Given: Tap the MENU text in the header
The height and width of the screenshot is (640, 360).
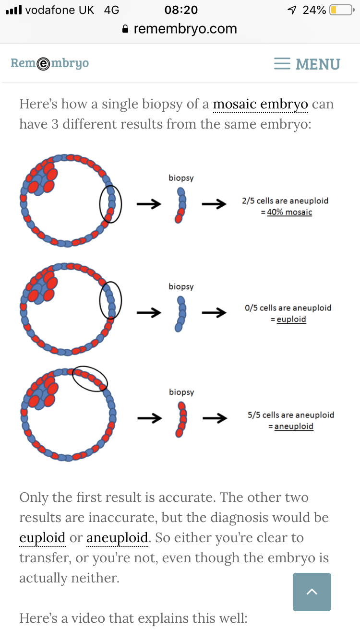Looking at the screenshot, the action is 318,64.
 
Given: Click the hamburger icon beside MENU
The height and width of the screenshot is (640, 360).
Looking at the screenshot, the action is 282,63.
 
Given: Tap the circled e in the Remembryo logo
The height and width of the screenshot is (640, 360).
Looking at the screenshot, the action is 43,63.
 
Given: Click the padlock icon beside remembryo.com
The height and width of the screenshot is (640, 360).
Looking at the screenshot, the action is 125,29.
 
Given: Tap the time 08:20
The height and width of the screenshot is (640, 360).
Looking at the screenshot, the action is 181,10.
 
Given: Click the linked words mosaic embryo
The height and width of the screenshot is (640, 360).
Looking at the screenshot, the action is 261,104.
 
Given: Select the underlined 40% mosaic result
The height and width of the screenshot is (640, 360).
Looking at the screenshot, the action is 289,212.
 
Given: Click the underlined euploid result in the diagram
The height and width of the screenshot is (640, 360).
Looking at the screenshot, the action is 291,319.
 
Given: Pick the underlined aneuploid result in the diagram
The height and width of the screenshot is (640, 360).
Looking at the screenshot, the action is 294,426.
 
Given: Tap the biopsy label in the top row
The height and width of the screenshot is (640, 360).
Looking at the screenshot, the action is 181,178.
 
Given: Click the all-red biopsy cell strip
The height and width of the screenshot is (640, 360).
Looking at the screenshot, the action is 181,419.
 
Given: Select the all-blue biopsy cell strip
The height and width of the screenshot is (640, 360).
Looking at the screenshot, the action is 180,314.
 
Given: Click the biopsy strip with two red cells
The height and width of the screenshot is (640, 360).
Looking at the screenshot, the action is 180,205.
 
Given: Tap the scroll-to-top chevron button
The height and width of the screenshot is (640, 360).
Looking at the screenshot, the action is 312,592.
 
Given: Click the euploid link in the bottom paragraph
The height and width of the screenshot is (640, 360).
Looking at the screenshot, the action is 42,538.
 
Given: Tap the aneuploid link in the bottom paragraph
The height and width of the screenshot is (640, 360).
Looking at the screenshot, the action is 117,538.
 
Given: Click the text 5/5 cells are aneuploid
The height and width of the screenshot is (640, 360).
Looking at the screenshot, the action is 291,415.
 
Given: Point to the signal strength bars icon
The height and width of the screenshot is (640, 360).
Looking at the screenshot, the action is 13,10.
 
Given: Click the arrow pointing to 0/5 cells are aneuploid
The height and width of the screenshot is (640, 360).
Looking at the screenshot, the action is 214,312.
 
